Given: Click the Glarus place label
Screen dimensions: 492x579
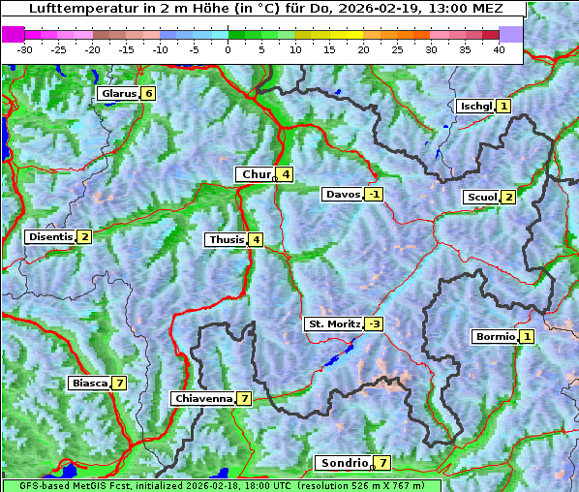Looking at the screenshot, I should (116, 94).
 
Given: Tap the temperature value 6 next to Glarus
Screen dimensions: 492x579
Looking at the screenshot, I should (147, 94).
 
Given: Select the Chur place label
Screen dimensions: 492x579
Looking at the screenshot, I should (257, 174).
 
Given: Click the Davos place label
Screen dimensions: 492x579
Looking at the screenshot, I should (342, 194).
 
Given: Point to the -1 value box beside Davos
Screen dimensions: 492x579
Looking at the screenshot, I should (374, 194).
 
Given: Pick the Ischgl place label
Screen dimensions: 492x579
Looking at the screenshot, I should (475, 106).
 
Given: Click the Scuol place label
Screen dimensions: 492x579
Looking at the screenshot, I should (481, 197).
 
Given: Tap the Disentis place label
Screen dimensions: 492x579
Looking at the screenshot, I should (50, 236).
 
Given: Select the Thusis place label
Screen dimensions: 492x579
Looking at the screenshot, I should (226, 239).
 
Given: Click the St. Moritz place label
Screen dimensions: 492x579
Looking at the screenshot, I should (333, 323).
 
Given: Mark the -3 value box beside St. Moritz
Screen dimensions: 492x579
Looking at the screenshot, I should (374, 323).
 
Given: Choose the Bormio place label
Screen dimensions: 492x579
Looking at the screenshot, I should (494, 337).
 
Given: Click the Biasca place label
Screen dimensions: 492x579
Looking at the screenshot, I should (89, 383).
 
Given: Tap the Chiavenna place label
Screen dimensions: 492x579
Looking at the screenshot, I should (202, 398).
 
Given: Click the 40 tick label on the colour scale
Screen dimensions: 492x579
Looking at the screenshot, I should (499, 48).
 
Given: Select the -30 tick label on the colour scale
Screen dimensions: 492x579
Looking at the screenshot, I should (25, 48).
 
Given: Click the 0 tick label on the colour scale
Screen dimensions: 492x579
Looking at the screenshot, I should (228, 48).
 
